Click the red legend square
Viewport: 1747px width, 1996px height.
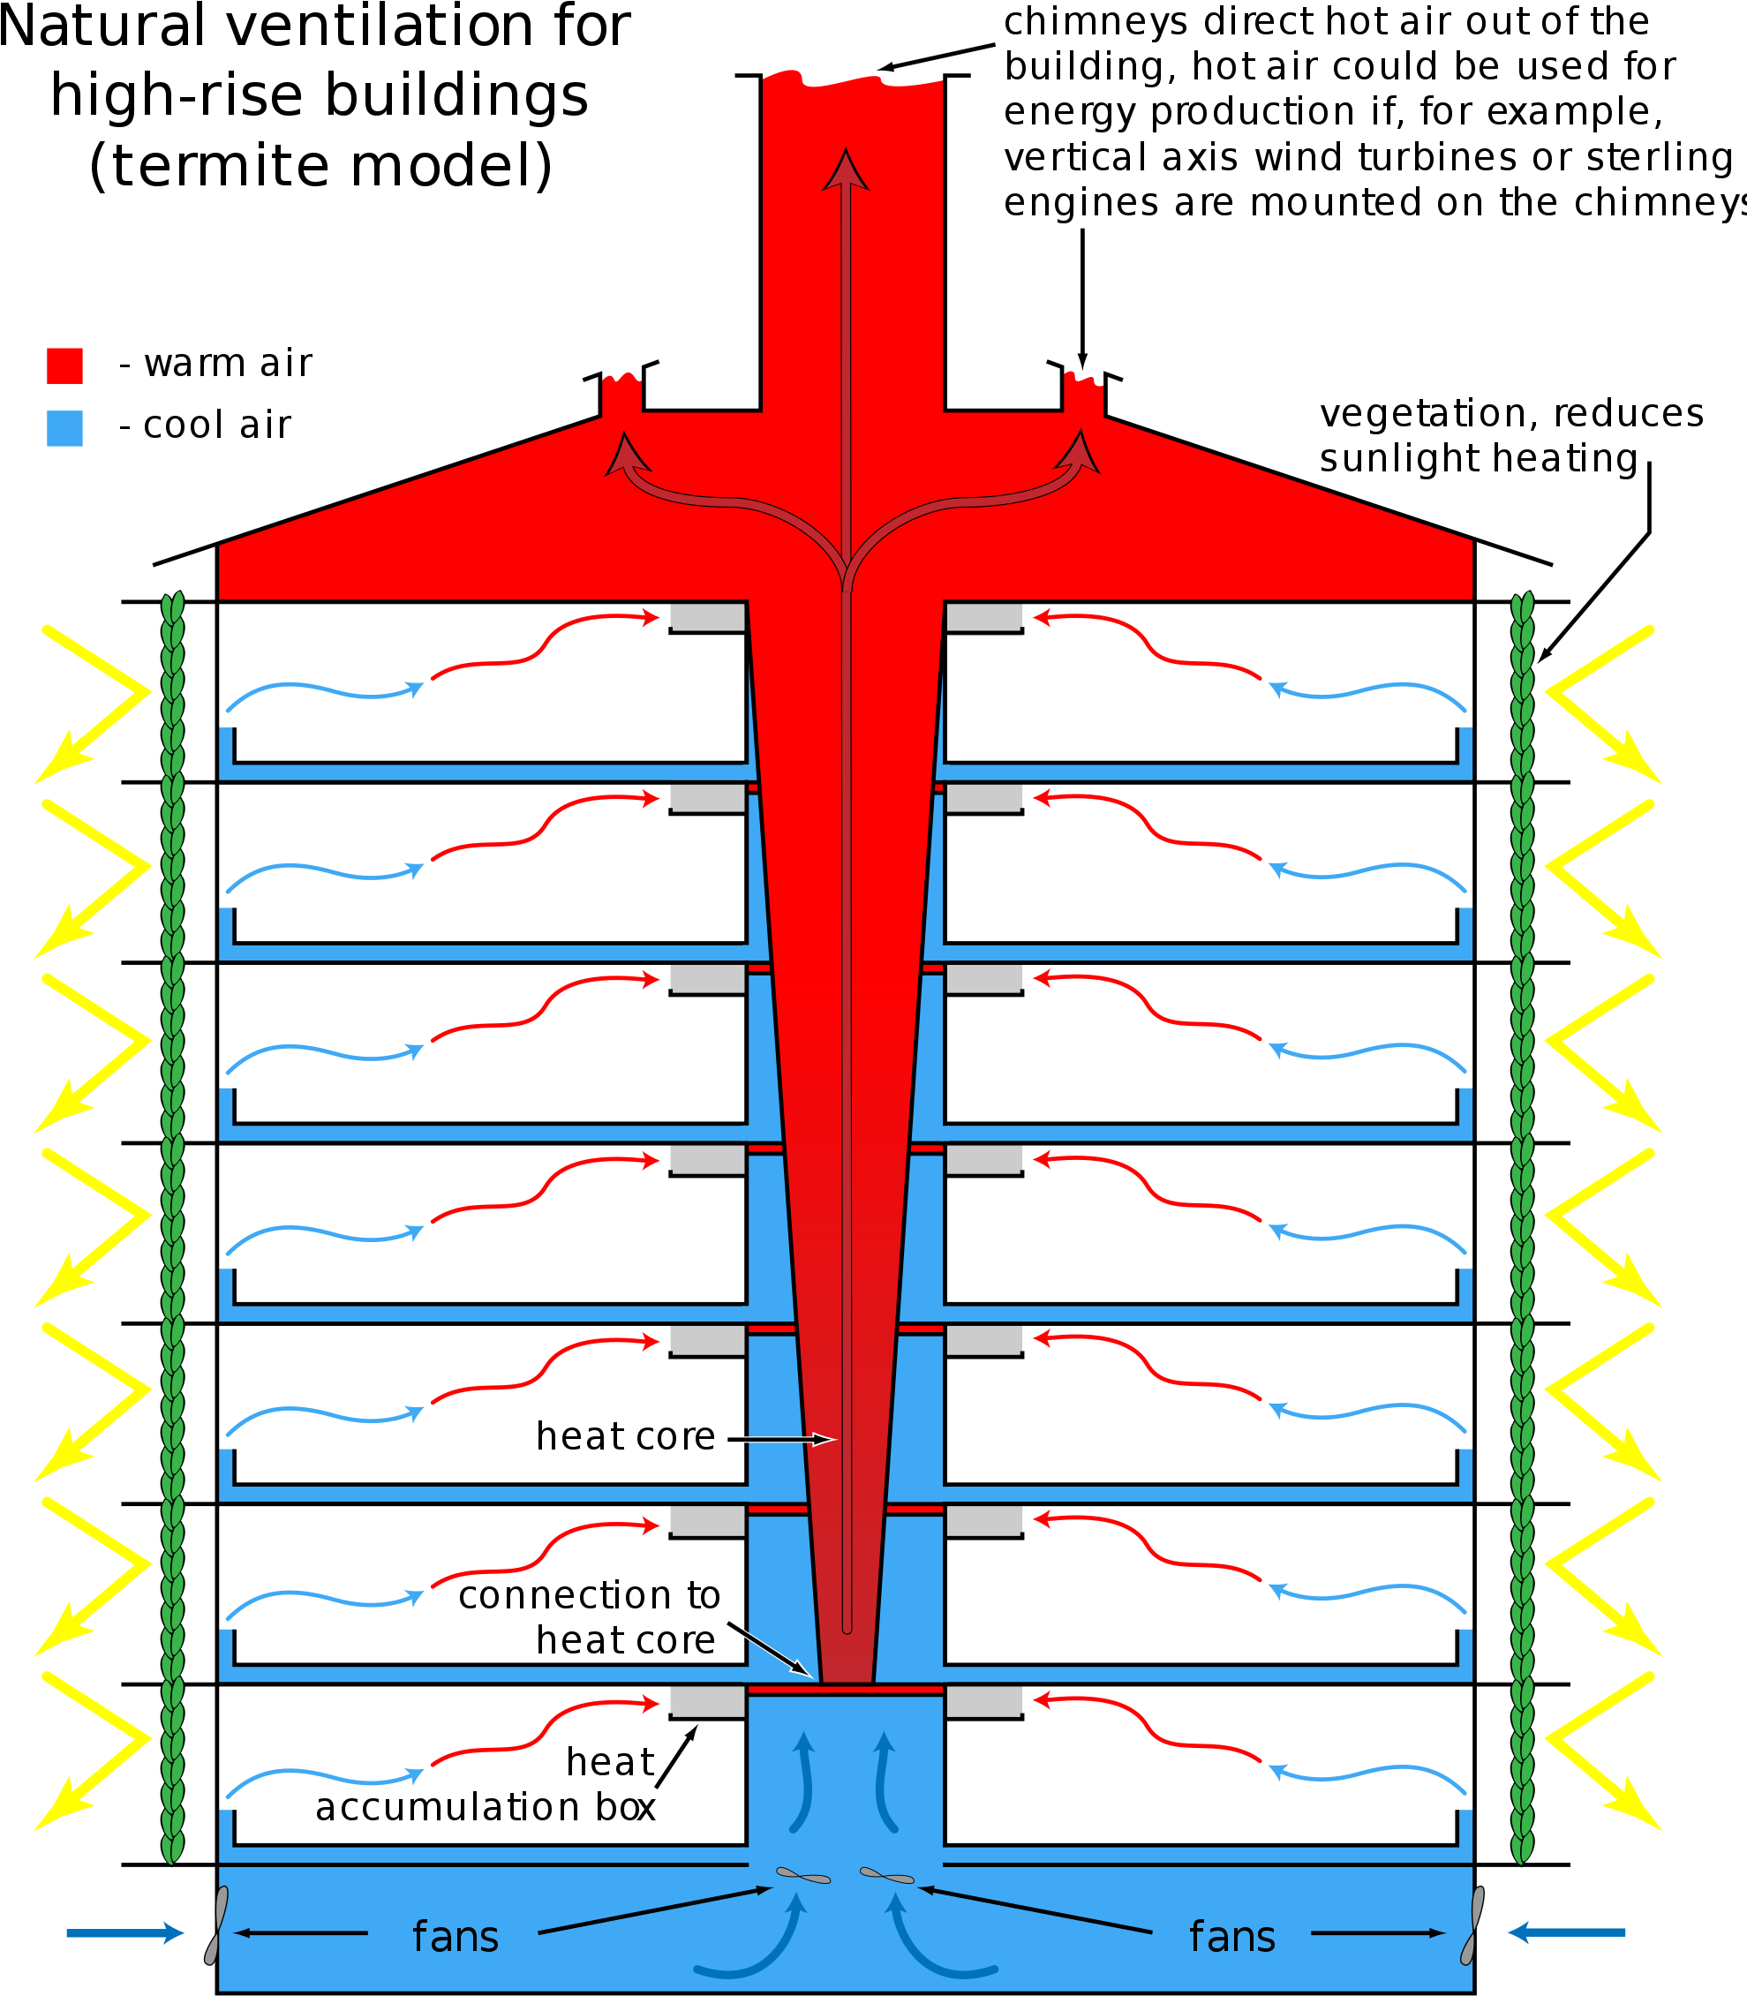click(x=64, y=365)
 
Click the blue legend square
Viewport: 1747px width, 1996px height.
click(x=64, y=428)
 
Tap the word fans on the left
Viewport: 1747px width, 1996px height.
click(x=456, y=1937)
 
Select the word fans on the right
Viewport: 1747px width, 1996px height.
click(x=1232, y=1937)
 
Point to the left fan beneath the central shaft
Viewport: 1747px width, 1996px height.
click(x=803, y=1875)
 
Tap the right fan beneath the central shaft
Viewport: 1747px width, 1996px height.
click(x=887, y=1875)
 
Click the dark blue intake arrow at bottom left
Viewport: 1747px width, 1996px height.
click(x=124, y=1932)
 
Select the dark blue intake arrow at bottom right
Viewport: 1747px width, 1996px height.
click(x=1566, y=1932)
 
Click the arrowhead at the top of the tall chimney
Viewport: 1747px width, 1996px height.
click(x=845, y=169)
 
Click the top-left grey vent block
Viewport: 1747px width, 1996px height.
click(x=708, y=617)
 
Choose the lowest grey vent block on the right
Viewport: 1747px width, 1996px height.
click(x=984, y=1701)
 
